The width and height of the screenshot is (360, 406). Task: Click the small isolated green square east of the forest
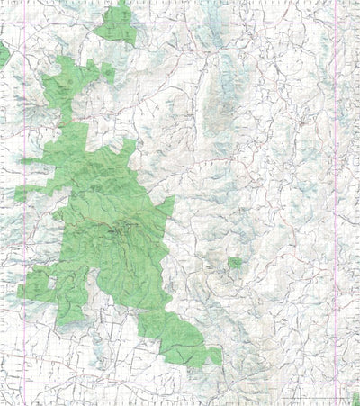[235, 263]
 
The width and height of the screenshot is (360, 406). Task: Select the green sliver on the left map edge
[4, 55]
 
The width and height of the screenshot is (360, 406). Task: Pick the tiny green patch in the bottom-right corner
[355, 396]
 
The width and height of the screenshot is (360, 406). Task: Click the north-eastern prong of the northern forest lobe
[107, 70]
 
